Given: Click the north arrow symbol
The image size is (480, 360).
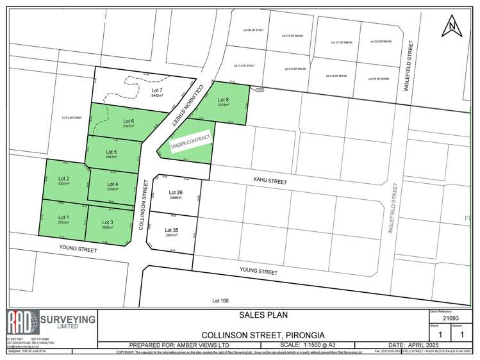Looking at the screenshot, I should tap(452, 27).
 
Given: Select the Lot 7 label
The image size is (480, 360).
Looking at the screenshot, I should tap(158, 91).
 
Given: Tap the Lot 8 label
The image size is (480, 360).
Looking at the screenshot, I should tap(223, 99).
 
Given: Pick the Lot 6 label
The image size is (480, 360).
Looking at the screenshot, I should tap(128, 121).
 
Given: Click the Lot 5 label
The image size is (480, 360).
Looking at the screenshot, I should tap(111, 151).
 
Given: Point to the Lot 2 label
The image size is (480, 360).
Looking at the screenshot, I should tap(63, 178).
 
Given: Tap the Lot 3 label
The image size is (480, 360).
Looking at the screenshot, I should tap(107, 222).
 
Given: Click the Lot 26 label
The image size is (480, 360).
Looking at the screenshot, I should tap(176, 192).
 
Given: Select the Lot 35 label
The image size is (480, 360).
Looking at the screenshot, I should tap(172, 230).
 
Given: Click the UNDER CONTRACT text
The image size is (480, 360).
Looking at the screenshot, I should tap(188, 141).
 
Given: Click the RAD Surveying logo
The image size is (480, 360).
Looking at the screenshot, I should tap(51, 322).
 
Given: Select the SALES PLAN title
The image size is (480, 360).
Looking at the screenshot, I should tap(261, 315).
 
